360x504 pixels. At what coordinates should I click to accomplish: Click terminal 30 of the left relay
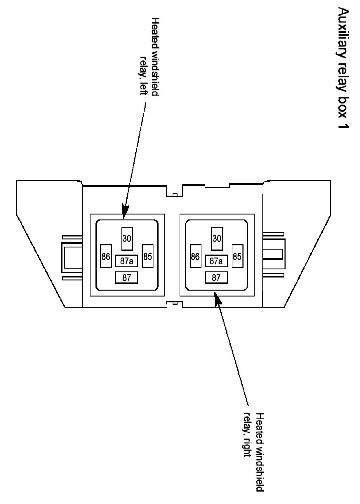click(127, 239)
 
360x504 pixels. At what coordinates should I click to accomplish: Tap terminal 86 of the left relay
click(106, 256)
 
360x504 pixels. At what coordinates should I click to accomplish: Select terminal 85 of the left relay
click(147, 256)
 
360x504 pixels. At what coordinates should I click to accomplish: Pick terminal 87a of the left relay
click(126, 261)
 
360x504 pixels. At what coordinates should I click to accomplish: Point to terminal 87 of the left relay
click(126, 278)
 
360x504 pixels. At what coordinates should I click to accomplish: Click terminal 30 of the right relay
click(217, 239)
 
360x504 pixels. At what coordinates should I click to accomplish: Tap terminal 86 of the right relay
click(195, 256)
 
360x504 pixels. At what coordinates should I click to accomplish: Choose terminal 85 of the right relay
click(237, 256)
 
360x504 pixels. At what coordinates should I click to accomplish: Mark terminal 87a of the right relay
click(216, 261)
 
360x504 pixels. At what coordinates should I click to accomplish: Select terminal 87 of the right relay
click(216, 278)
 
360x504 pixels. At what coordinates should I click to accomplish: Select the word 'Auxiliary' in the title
click(344, 29)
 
